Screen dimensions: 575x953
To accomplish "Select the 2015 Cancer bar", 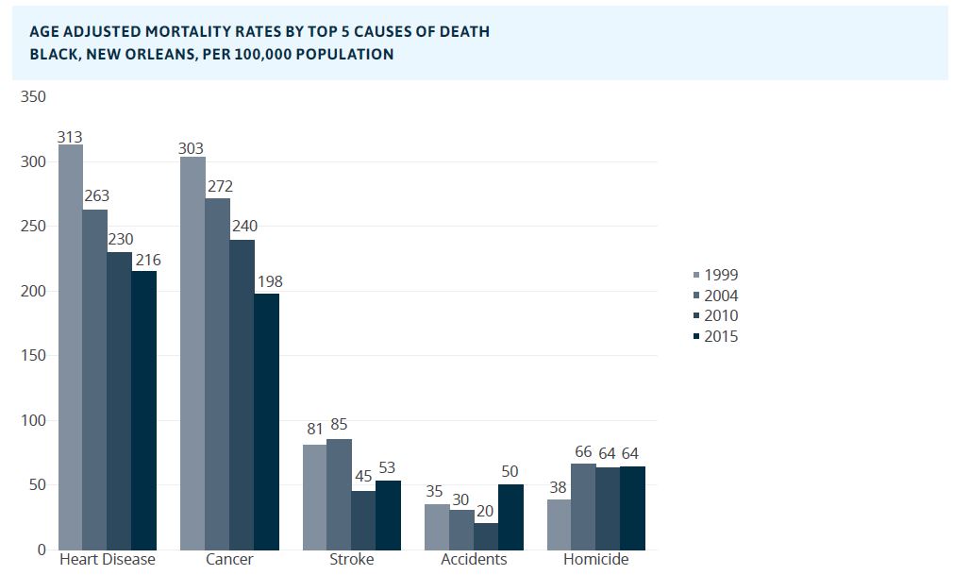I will coord(267,421).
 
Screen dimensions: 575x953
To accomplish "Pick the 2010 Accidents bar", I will coord(486,535).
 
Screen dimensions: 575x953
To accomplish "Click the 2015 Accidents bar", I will coord(510,516).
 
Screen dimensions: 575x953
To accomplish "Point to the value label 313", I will coord(70,137).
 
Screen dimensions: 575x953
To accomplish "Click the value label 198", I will coord(269,281).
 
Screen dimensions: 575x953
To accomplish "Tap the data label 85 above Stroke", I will coord(340,425).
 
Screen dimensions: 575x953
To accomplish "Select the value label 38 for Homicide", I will coord(559,488).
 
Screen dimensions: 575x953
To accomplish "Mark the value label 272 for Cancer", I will coord(220,187).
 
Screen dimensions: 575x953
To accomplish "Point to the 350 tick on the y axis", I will coord(33,96).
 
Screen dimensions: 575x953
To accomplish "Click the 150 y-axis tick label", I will coord(33,356).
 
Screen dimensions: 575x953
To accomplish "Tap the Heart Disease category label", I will coord(107,560).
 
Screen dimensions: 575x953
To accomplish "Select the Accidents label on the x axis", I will coord(474,560).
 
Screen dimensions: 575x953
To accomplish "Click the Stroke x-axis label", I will coord(351,560).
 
